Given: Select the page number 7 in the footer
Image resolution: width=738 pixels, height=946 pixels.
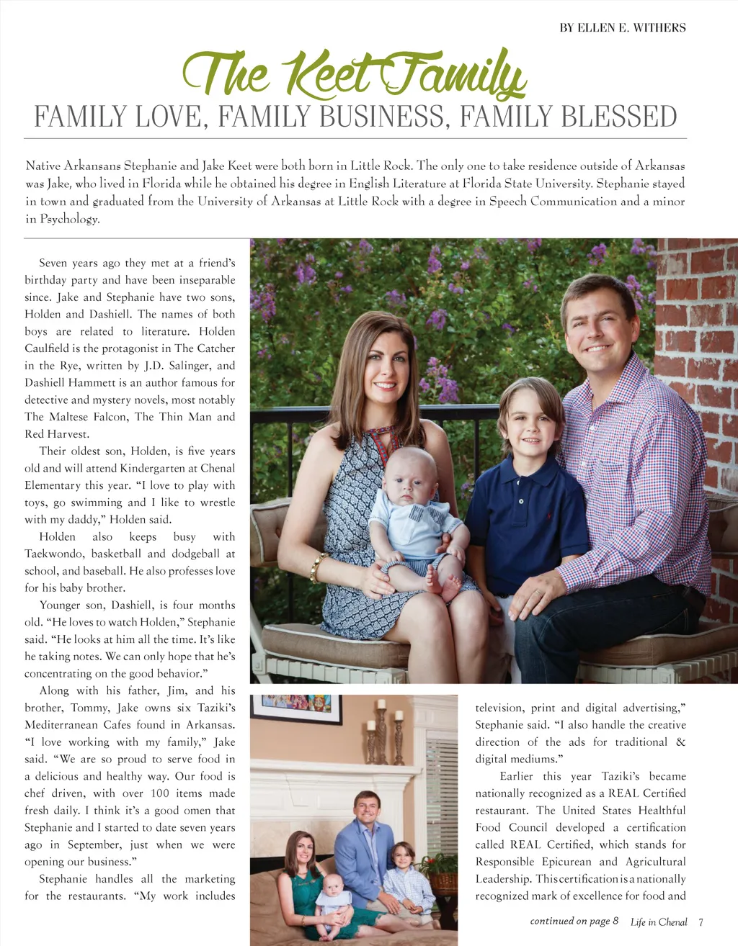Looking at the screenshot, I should pos(701,922).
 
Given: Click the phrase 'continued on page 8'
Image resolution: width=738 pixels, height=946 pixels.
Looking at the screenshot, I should pos(574,921).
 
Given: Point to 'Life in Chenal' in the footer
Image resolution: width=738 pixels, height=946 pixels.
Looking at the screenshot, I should pos(659,922).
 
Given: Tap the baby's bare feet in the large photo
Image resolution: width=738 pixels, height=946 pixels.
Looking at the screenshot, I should pos(443,583).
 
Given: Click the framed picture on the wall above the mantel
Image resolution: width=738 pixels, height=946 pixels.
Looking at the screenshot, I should pos(296,708).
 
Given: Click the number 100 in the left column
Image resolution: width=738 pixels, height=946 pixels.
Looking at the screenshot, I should pos(160,793).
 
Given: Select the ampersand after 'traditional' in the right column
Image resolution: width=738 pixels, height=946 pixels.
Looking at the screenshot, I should pos(680,742).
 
